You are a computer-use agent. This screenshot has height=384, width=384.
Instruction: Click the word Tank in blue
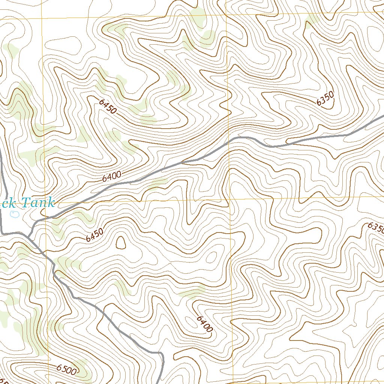(39, 203)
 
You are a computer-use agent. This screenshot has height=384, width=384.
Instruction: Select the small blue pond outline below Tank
(15, 214)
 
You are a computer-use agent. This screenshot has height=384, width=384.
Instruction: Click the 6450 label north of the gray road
(108, 106)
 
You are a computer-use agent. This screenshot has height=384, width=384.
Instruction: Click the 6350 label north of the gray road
(325, 99)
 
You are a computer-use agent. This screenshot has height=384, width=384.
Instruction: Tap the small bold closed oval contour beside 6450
(121, 243)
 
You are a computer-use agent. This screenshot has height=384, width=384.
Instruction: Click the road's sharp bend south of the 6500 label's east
(161, 353)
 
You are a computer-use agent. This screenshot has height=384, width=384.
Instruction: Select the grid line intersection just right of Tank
(45, 201)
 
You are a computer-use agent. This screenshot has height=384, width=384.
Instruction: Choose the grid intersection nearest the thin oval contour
(229, 199)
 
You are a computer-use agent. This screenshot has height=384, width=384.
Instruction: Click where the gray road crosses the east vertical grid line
(229, 142)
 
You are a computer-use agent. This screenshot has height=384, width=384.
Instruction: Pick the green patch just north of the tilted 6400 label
(192, 292)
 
